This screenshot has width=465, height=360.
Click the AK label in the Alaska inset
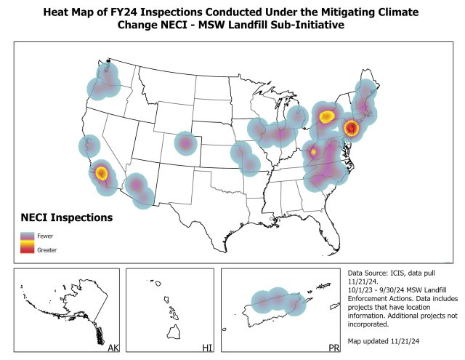(x=113, y=349)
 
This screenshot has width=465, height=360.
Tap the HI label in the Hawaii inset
(x=207, y=349)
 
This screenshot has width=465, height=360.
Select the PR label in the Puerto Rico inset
(x=334, y=349)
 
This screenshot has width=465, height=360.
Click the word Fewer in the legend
(x=45, y=236)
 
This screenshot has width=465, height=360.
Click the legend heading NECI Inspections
(x=66, y=217)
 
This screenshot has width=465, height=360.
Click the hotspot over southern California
(x=101, y=173)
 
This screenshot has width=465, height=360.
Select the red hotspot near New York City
(x=352, y=128)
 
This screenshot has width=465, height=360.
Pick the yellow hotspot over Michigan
(x=327, y=116)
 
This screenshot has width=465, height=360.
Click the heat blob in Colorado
(x=185, y=144)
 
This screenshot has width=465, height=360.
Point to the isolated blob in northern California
(x=89, y=146)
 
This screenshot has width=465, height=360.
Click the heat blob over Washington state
(x=106, y=80)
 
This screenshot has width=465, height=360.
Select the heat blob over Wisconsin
(x=297, y=116)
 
